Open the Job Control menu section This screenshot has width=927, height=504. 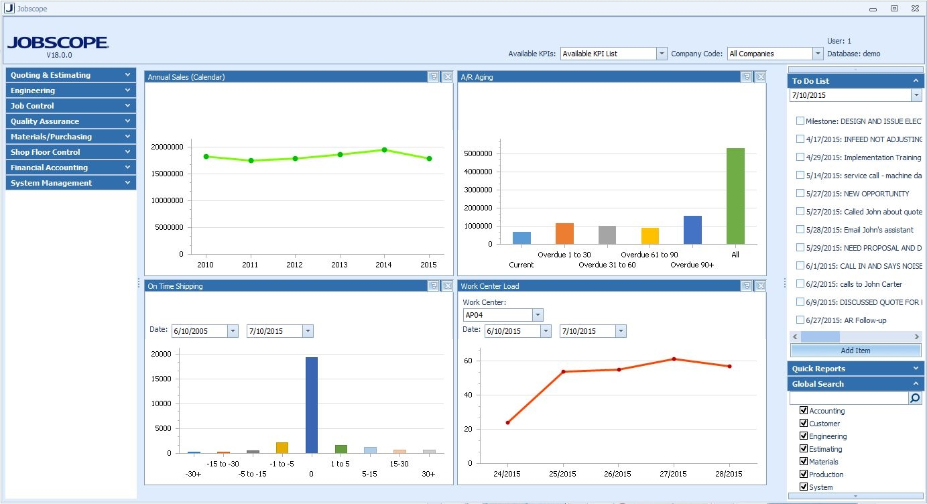[x=70, y=106]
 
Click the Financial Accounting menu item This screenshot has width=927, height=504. [x=70, y=168]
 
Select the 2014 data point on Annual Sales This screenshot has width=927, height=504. [x=384, y=149]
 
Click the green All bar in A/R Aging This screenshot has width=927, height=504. [x=735, y=196]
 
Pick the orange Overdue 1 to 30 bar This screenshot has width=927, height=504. [x=564, y=233]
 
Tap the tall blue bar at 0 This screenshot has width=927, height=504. [x=311, y=405]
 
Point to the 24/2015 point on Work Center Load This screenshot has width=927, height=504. [x=508, y=422]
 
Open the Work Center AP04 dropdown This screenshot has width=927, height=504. [x=538, y=315]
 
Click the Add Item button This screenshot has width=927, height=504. [x=855, y=351]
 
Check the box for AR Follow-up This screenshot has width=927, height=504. [x=800, y=320]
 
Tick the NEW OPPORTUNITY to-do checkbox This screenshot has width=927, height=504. [x=800, y=194]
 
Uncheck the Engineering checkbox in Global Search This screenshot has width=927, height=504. [x=804, y=436]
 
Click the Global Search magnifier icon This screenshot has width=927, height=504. [x=915, y=398]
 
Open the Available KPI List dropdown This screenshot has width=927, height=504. [x=662, y=54]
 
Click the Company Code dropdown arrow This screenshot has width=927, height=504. [x=817, y=54]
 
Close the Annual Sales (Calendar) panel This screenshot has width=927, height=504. [x=447, y=77]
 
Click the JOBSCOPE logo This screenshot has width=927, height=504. [x=58, y=43]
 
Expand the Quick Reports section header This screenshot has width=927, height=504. [x=855, y=369]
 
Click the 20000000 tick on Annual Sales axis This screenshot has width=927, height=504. [x=165, y=147]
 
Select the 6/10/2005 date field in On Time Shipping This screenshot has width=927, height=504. [x=199, y=331]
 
